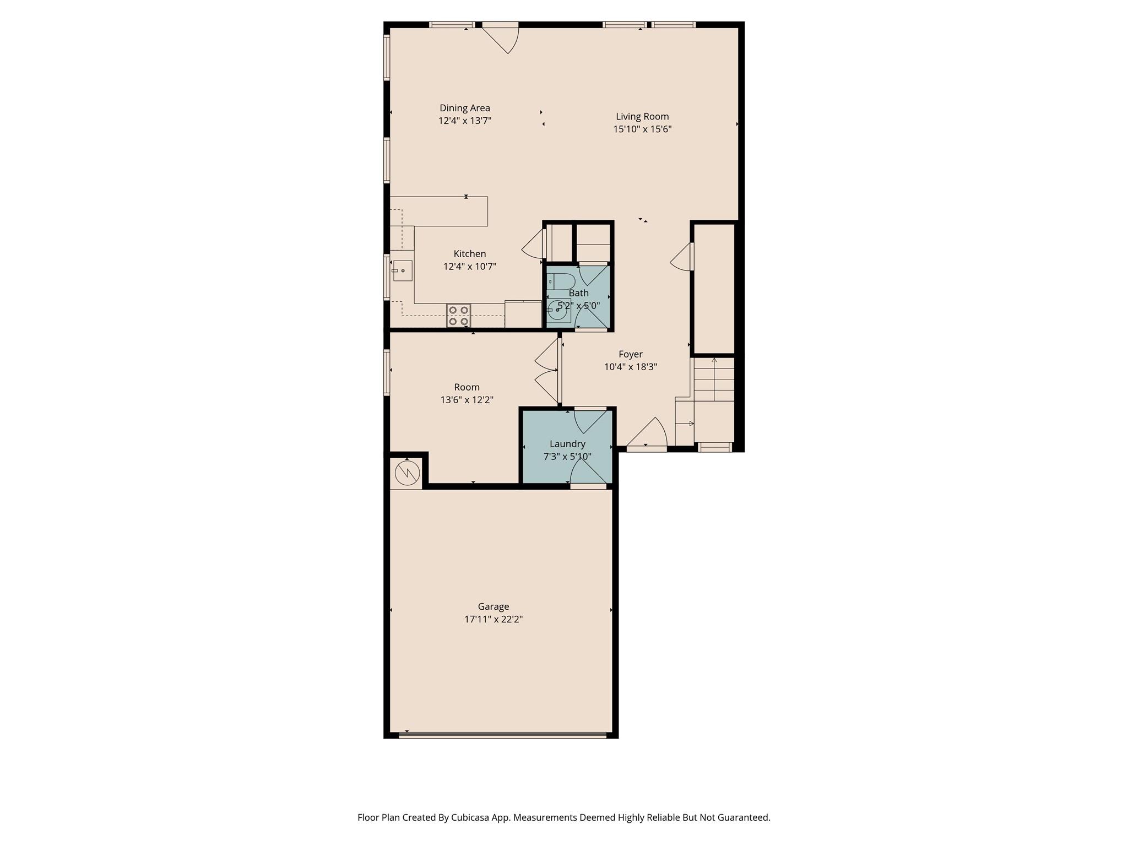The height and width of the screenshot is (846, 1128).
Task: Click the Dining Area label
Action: point(464,109)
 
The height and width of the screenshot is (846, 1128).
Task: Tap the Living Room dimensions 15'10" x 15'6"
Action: point(642,129)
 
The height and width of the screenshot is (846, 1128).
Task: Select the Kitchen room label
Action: point(469,254)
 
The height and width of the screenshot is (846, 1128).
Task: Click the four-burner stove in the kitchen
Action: point(458,316)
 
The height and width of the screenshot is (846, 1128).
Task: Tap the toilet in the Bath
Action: point(561,281)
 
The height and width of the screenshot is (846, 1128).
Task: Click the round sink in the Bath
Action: point(558,311)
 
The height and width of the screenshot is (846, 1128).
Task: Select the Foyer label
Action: point(630,355)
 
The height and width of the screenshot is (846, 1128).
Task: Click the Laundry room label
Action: point(567,444)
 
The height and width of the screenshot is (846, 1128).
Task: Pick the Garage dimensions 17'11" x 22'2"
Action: point(493,620)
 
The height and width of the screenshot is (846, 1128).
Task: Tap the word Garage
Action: point(493,607)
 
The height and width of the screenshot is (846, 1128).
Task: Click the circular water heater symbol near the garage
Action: point(407,473)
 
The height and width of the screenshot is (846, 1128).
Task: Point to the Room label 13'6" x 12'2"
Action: point(467,394)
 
